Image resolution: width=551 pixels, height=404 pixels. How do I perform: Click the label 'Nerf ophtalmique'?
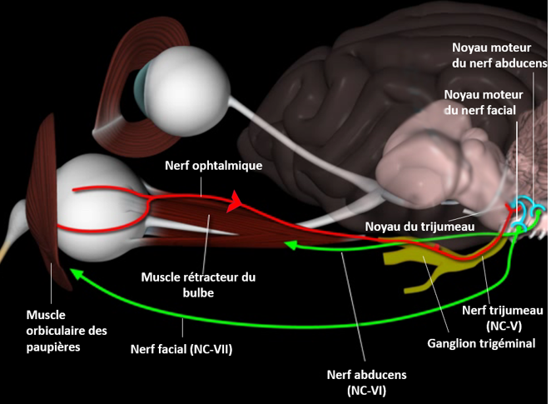pyautogui.click(x=215, y=166)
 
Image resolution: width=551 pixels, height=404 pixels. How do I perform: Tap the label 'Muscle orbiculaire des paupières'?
pyautogui.click(x=55, y=331)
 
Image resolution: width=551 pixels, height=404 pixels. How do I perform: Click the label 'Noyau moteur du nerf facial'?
pyautogui.click(x=479, y=102)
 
